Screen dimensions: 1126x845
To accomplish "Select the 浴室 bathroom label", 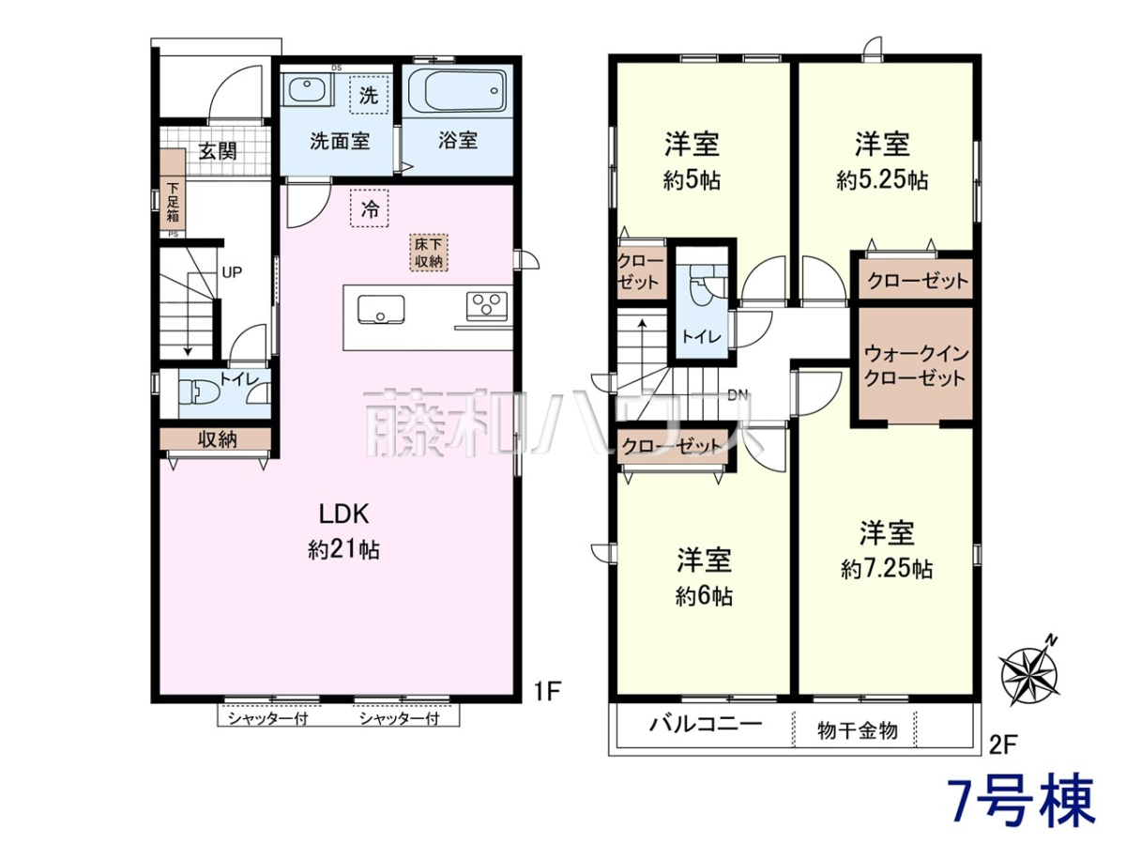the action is [x=458, y=140].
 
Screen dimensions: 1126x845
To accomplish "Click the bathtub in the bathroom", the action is [x=457, y=92].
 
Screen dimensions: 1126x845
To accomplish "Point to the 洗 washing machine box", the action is [x=369, y=95].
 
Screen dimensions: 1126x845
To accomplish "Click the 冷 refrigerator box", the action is [x=370, y=207].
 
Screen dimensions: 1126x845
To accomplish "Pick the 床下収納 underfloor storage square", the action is [x=429, y=253].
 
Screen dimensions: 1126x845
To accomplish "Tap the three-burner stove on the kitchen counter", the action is [x=487, y=306].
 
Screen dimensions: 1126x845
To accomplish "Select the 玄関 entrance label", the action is [x=218, y=151].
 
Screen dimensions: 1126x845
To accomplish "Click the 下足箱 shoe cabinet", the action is [x=173, y=189].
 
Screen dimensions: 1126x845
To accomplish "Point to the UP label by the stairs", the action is [x=232, y=272].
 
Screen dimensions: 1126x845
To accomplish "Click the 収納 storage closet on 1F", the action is [x=215, y=438].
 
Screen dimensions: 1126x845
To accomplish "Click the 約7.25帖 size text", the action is [x=886, y=569].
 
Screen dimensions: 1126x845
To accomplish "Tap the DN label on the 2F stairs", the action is [x=738, y=395].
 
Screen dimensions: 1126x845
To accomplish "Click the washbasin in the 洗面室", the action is [x=307, y=90].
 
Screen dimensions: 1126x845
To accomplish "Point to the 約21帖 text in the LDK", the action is [x=343, y=550].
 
